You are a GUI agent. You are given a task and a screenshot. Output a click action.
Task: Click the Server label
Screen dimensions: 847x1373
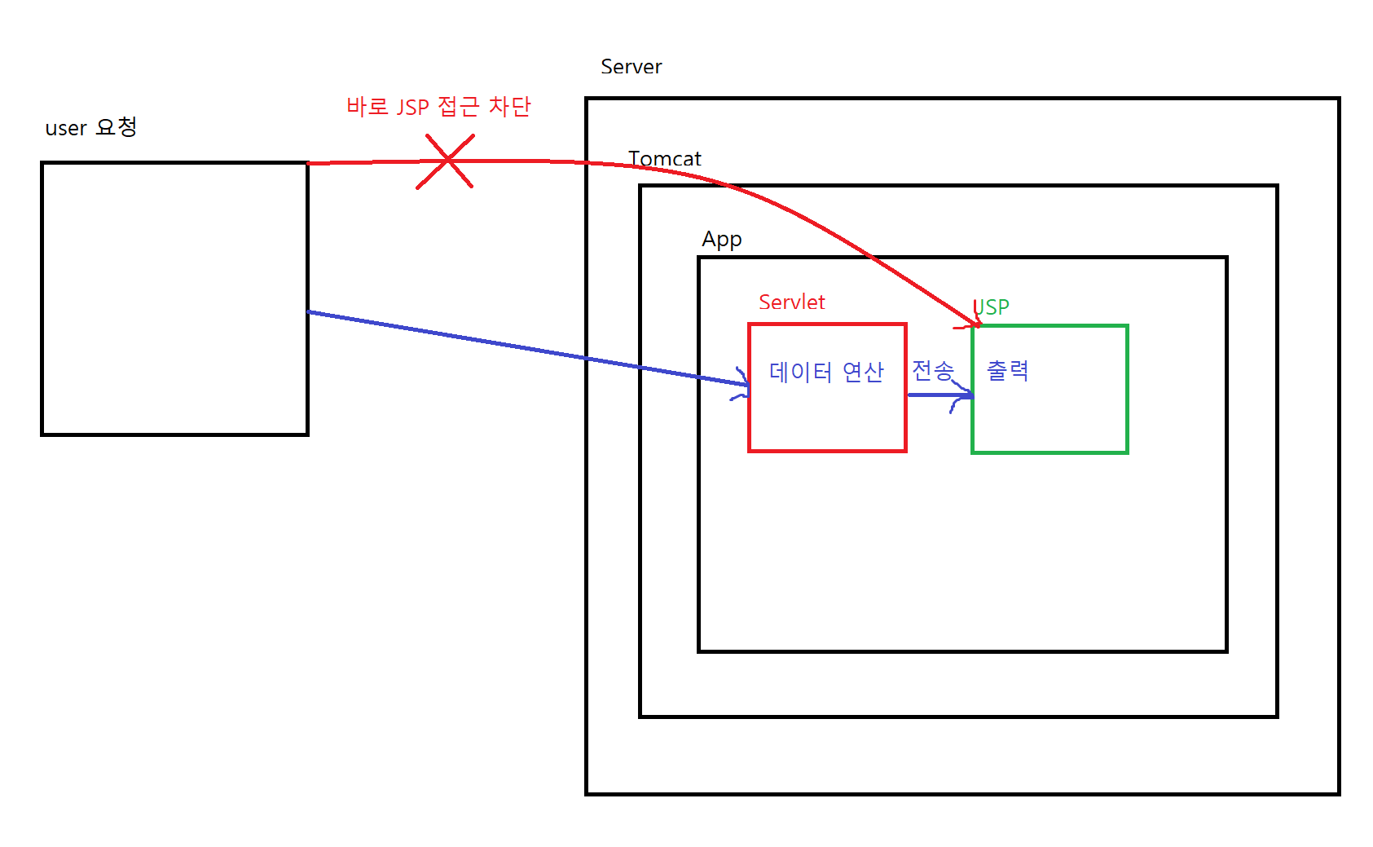631,67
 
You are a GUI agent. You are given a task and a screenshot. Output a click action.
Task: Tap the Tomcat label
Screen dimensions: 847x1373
664,159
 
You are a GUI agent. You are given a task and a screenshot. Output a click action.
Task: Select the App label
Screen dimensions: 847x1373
722,240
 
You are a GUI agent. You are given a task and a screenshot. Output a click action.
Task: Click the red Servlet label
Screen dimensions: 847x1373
791,302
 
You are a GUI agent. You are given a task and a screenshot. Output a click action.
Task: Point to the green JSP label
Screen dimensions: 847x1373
992,307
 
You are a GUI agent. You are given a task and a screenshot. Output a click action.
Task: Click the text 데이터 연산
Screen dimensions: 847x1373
826,373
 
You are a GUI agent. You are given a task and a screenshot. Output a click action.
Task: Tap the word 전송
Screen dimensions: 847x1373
932,371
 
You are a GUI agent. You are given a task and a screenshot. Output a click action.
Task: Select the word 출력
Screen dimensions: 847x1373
1007,371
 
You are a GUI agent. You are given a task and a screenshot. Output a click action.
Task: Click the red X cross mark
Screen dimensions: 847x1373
446,161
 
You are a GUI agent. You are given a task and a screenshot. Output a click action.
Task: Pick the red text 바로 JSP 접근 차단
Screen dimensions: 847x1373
438,107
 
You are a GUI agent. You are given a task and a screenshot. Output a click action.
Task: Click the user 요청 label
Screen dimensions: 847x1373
91,128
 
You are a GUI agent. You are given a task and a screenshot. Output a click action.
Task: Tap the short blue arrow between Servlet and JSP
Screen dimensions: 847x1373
939,395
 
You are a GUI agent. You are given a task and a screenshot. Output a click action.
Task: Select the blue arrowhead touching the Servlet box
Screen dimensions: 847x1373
742,384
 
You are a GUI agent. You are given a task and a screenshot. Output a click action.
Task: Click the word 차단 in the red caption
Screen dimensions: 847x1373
509,107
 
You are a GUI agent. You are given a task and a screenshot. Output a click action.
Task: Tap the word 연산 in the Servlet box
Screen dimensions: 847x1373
863,373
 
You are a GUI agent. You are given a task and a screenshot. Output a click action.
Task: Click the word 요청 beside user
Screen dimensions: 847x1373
117,127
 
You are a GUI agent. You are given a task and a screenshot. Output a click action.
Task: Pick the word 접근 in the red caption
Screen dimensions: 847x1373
458,107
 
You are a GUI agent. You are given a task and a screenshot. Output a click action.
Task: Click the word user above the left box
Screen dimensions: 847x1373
66,129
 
